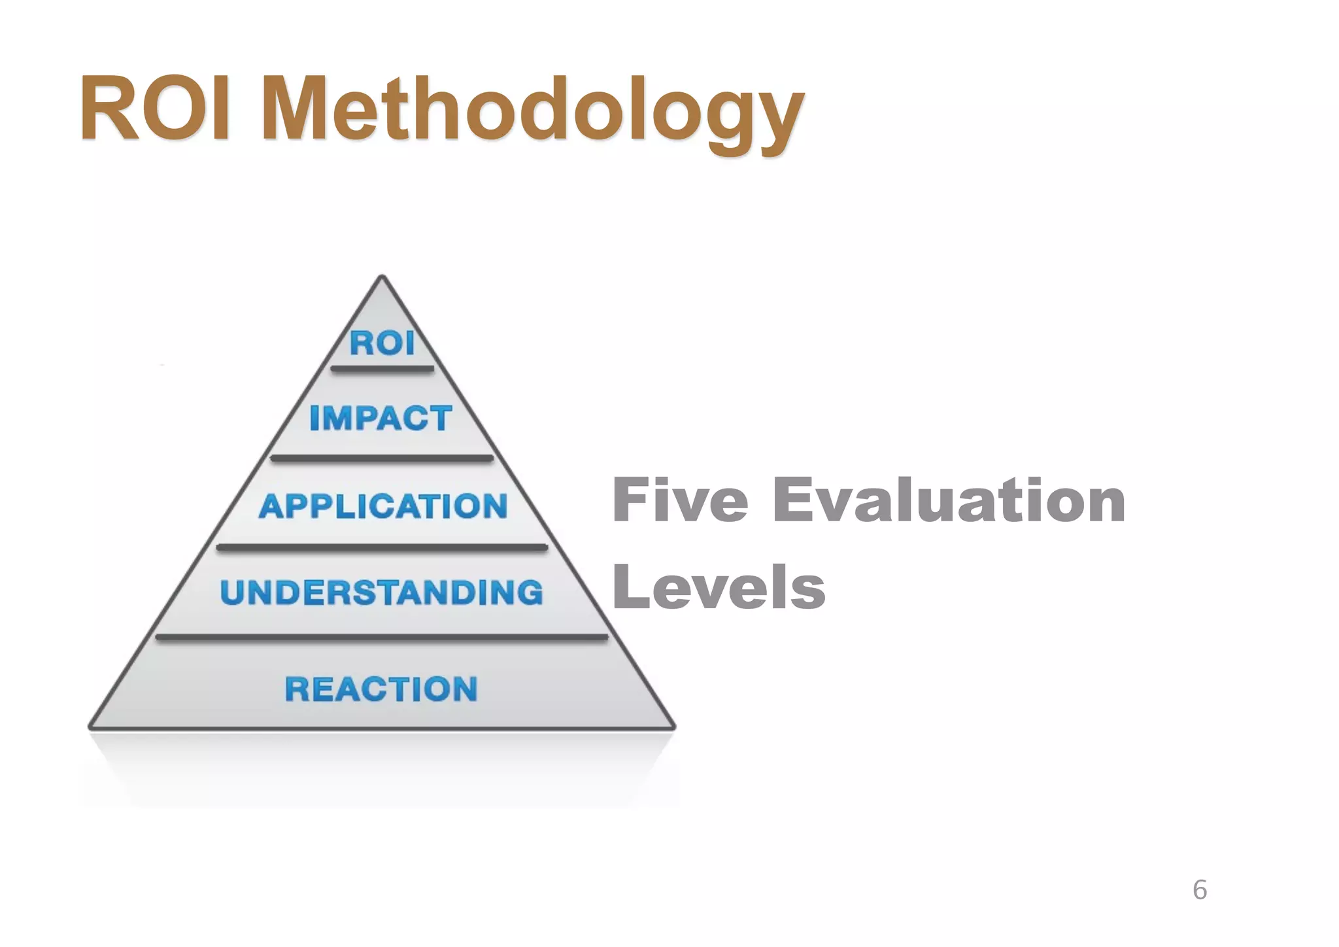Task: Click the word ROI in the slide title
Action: pyautogui.click(x=154, y=109)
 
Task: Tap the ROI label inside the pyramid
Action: pyautogui.click(x=382, y=343)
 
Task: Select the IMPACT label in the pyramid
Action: pyautogui.click(x=381, y=418)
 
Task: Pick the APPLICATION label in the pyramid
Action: pyautogui.click(x=383, y=506)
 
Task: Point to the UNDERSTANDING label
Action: pyautogui.click(x=382, y=593)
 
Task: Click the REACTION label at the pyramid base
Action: pyautogui.click(x=382, y=689)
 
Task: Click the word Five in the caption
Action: pyautogui.click(x=680, y=500)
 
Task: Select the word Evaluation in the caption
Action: pyautogui.click(x=949, y=500)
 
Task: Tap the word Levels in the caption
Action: pyautogui.click(x=719, y=587)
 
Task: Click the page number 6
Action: pyautogui.click(x=1200, y=890)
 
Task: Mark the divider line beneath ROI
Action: pyautogui.click(x=382, y=369)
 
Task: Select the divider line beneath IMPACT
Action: pyautogui.click(x=382, y=458)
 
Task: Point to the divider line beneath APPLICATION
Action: pyautogui.click(x=382, y=547)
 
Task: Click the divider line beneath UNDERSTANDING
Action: pyautogui.click(x=382, y=636)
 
